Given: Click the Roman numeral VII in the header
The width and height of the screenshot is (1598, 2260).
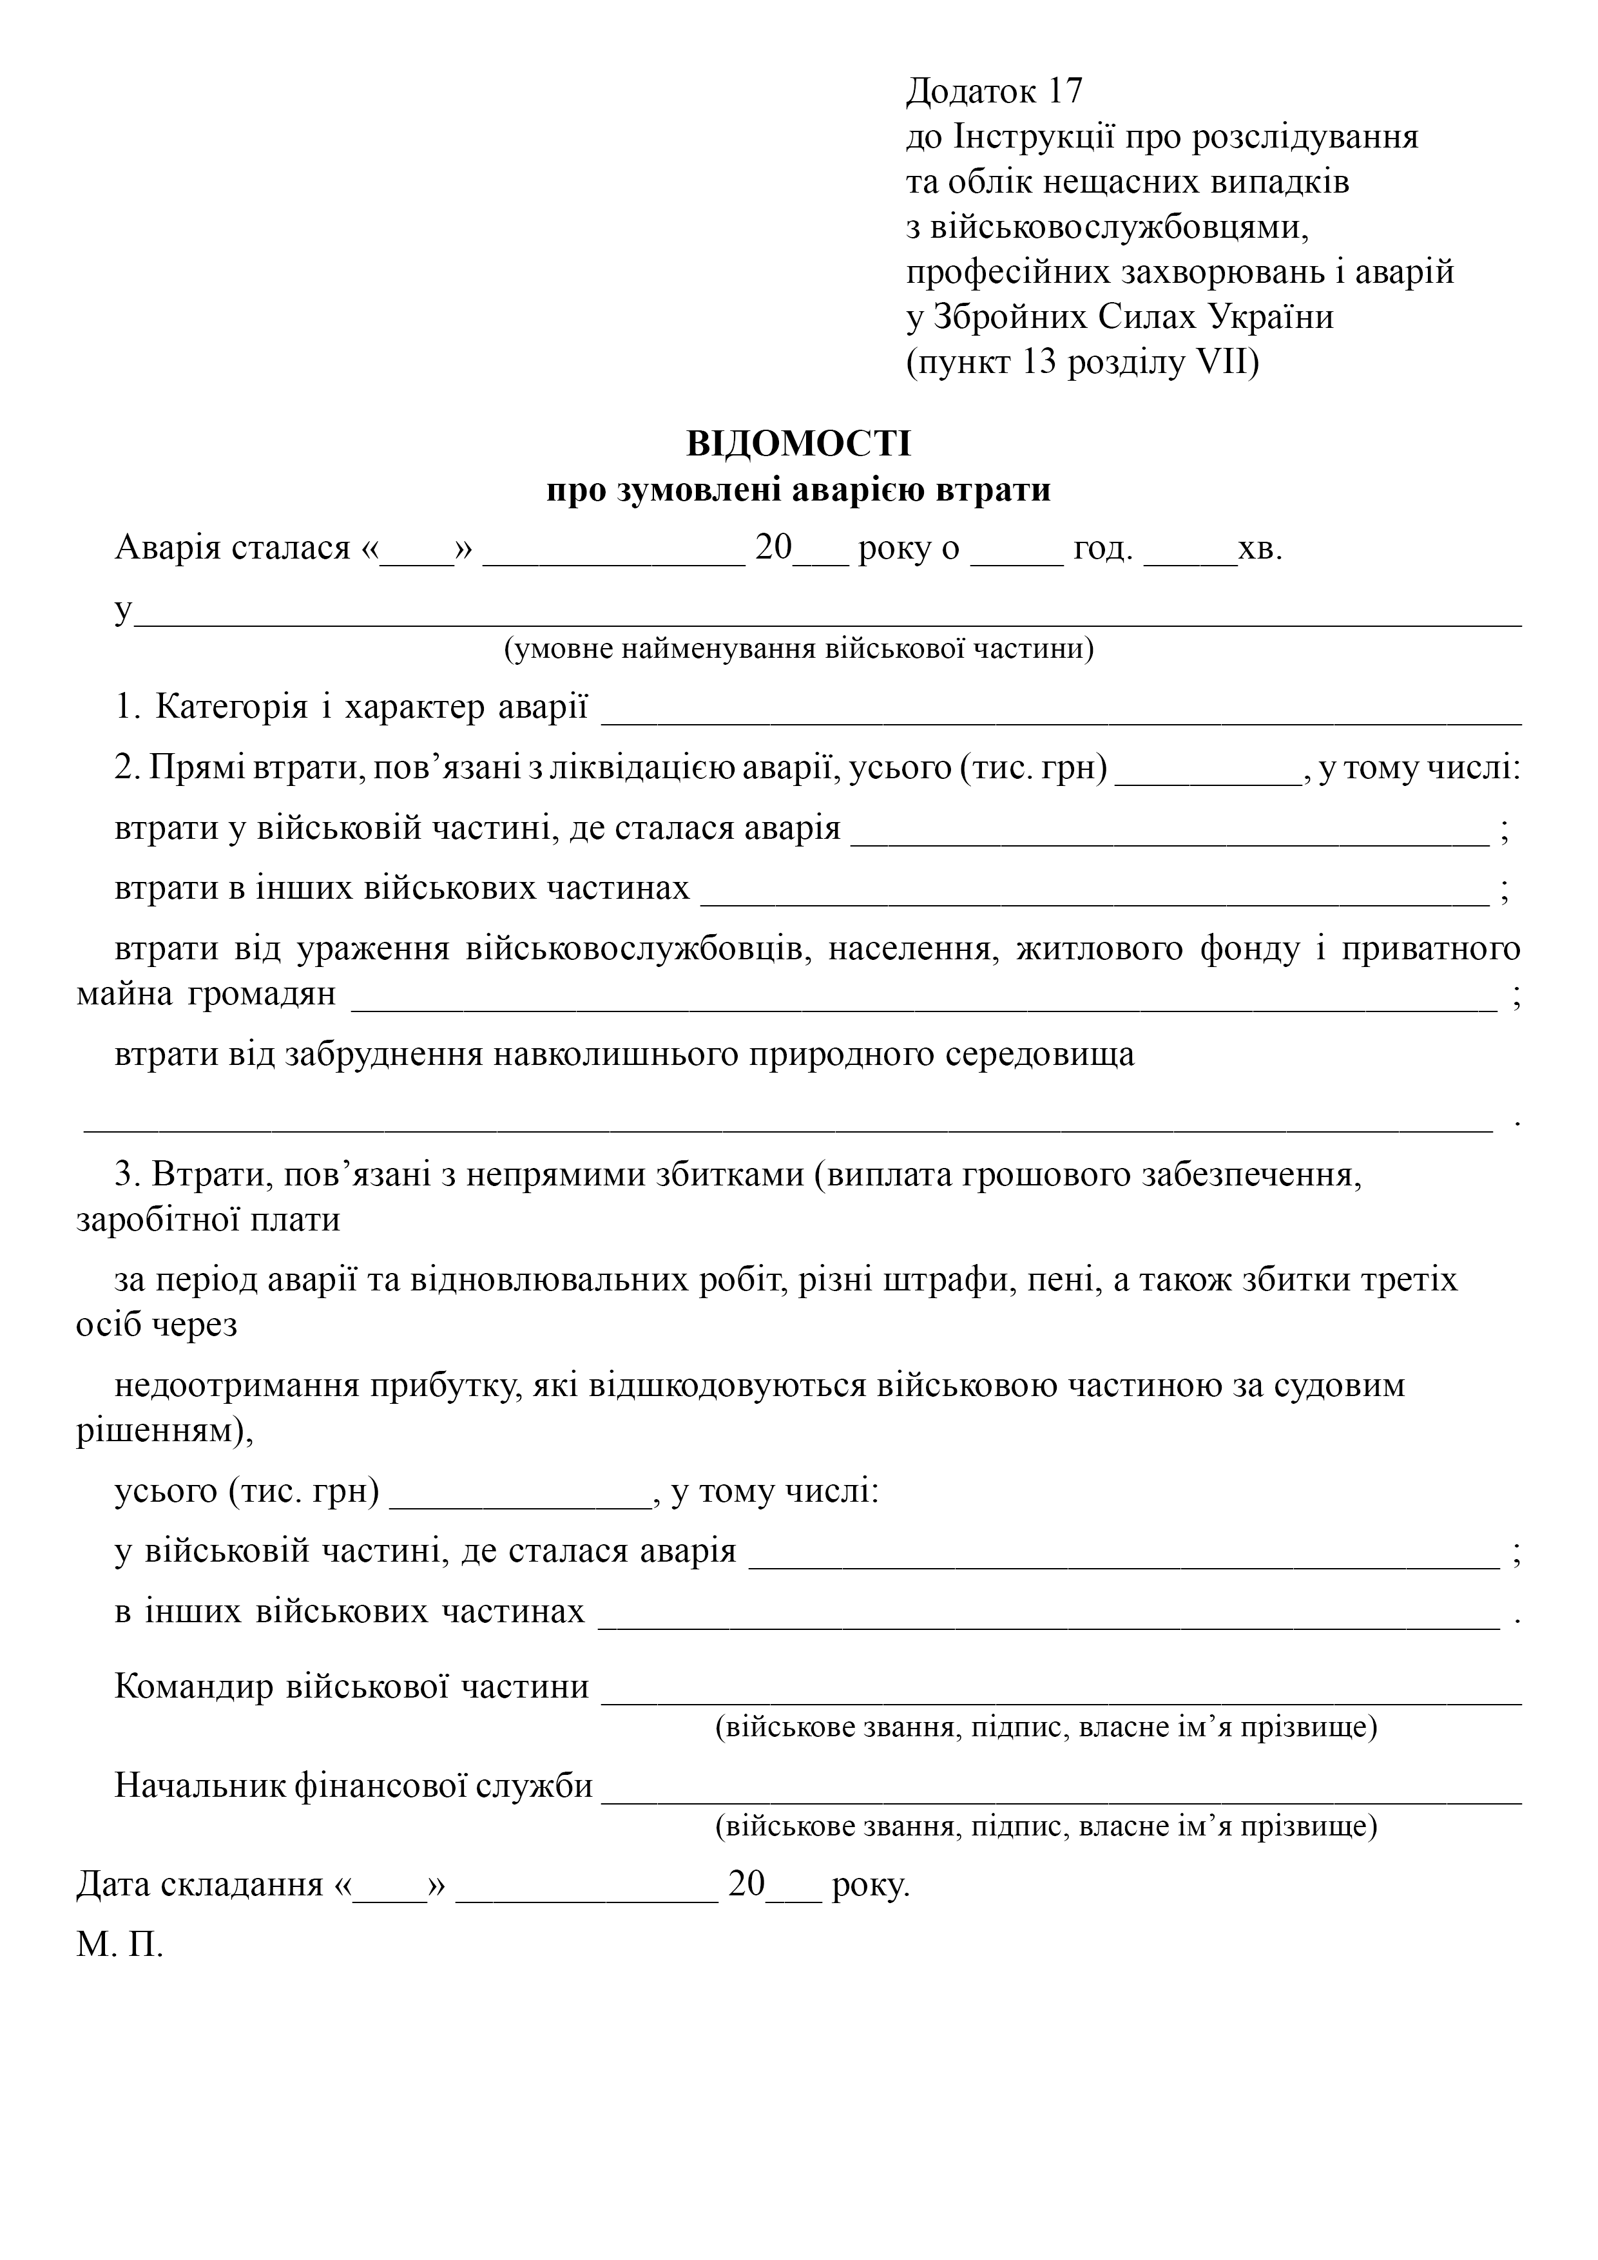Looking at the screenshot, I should point(1226,363).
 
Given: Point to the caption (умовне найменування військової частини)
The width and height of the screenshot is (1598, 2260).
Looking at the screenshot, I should point(798,649).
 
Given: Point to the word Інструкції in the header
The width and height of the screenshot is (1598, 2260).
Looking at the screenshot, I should point(1033,137).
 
